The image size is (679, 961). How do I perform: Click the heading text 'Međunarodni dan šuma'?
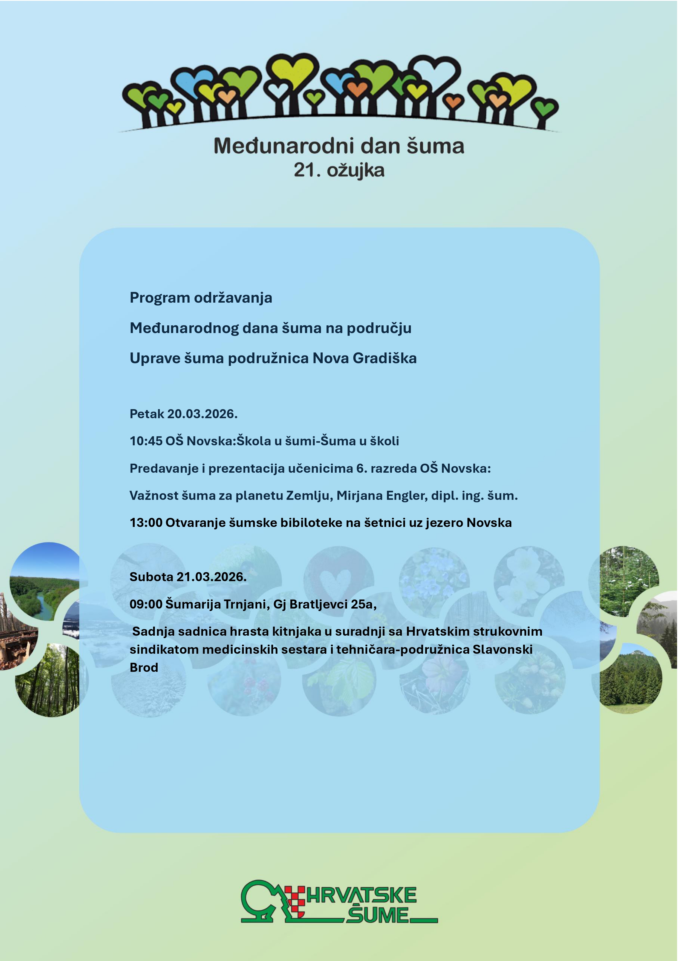[x=339, y=146]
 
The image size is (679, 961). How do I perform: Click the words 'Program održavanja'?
[x=201, y=298]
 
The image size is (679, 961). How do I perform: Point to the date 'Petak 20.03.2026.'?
[x=184, y=414]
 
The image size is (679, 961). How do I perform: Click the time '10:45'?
[x=146, y=441]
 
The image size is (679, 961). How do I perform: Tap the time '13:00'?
[x=146, y=523]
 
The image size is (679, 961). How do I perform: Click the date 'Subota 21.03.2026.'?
[x=188, y=577]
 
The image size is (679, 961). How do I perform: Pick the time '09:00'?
[x=146, y=604]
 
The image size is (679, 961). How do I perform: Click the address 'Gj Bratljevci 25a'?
[x=324, y=604]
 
